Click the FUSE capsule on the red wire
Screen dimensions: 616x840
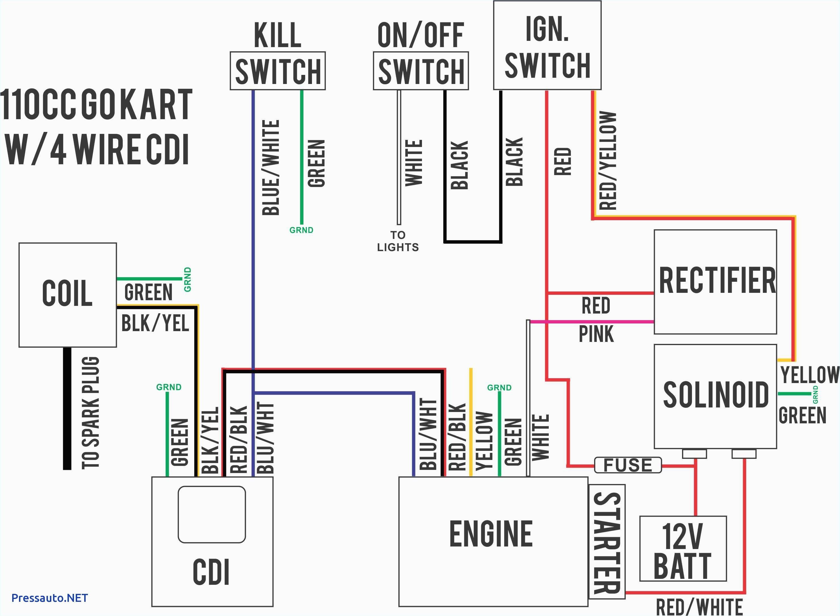(628, 465)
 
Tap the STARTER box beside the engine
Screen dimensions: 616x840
(606, 542)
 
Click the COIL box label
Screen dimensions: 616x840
(67, 293)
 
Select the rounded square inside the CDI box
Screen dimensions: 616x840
(212, 514)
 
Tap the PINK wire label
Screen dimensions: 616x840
(596, 334)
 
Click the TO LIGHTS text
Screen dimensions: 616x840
(398, 241)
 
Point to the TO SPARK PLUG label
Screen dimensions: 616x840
(90, 412)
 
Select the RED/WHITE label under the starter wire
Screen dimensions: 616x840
(699, 607)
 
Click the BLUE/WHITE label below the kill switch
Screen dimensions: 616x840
(271, 168)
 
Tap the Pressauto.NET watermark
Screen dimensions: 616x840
(50, 598)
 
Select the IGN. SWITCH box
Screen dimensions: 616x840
(547, 45)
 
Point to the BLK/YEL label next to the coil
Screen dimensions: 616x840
(155, 323)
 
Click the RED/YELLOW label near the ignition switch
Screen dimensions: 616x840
(607, 160)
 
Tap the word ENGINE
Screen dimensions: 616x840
(491, 534)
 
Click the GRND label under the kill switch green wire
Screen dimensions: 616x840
(301, 230)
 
